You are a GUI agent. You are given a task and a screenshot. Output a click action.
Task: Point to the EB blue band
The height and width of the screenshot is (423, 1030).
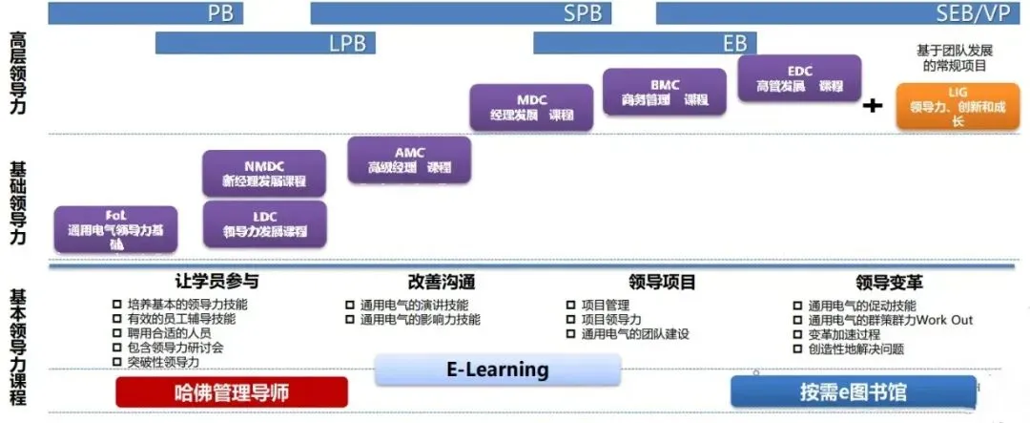click(x=645, y=43)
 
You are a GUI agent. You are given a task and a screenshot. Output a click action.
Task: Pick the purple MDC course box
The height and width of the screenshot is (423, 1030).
click(x=532, y=107)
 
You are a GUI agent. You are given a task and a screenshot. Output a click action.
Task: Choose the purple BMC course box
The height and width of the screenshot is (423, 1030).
click(x=665, y=92)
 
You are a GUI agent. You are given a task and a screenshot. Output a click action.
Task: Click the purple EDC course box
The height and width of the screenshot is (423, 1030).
click(x=799, y=78)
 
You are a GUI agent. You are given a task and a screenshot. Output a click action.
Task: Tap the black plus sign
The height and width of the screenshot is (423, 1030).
click(x=872, y=106)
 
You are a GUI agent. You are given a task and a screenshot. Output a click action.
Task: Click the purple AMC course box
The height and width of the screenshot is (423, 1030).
click(x=409, y=159)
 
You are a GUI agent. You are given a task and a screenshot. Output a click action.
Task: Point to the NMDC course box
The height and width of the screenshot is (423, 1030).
click(x=264, y=173)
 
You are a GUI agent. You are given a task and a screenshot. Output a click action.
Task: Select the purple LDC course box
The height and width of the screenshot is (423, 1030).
click(x=264, y=223)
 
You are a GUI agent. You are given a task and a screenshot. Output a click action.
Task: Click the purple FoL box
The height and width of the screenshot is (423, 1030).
click(x=115, y=229)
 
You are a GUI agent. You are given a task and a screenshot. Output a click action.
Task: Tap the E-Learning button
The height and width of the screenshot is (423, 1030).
click(x=498, y=370)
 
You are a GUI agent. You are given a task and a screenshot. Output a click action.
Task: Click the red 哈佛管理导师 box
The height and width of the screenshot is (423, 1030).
click(x=232, y=392)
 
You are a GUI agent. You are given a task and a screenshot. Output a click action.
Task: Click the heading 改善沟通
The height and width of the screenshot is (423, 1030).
click(x=441, y=283)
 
